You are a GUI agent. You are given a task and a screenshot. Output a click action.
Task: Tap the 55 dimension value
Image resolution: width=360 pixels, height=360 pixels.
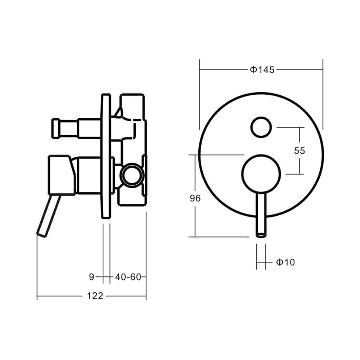pyautogui.click(x=299, y=150)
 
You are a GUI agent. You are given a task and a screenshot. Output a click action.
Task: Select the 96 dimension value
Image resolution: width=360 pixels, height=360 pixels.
pyautogui.click(x=194, y=198)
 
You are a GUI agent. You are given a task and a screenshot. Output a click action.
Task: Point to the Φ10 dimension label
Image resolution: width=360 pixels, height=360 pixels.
pyautogui.click(x=285, y=262)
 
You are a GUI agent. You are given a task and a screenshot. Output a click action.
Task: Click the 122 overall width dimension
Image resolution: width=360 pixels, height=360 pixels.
pyautogui.click(x=95, y=296)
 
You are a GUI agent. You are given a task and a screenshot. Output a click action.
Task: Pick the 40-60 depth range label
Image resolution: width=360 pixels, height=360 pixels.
pyautogui.click(x=127, y=277)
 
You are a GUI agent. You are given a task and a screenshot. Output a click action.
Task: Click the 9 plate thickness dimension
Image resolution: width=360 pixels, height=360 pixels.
pyautogui.click(x=91, y=277)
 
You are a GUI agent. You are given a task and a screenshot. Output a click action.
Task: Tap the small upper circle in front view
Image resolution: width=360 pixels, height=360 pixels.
pyautogui.click(x=261, y=127)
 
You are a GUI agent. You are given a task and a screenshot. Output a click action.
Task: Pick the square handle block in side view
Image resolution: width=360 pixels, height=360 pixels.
pyautogui.click(x=60, y=175)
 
